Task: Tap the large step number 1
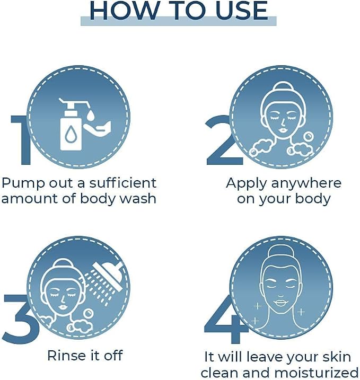coord(21,140)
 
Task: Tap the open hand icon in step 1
coord(98,127)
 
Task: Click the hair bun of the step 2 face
coord(284,86)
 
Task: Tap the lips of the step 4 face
coord(280,303)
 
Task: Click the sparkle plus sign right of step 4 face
coord(301,312)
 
